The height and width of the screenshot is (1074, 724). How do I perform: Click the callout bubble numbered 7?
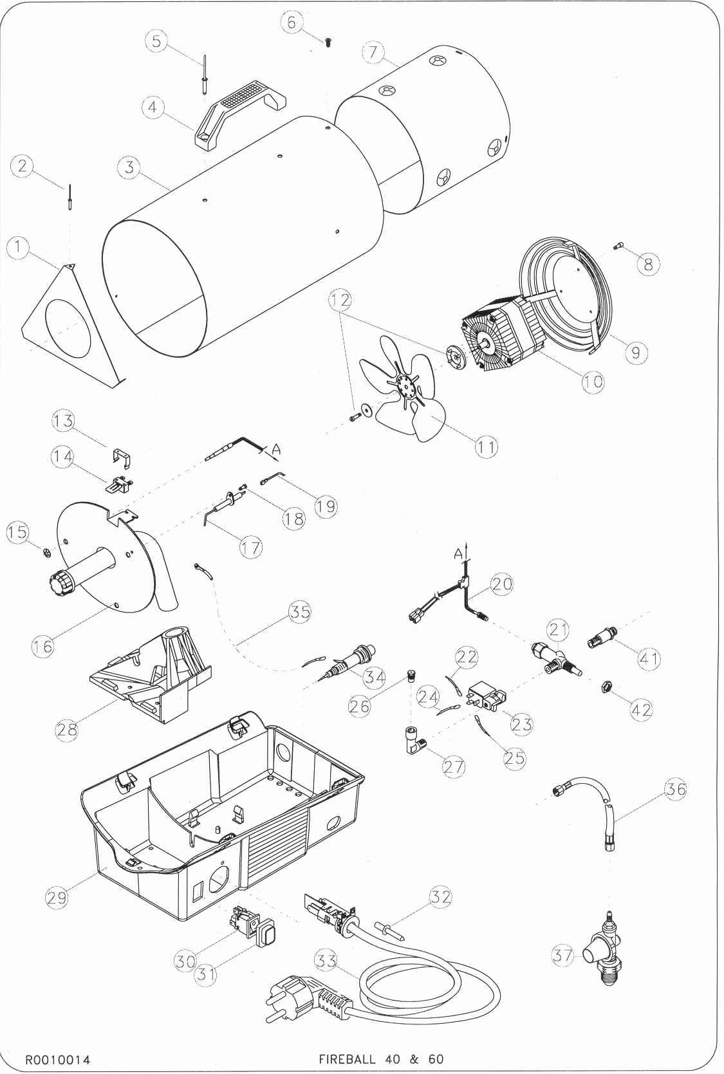(374, 52)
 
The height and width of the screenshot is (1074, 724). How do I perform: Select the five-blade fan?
(404, 389)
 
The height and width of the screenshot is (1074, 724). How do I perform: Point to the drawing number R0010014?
(57, 1059)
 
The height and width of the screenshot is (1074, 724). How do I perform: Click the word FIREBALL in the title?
(347, 1059)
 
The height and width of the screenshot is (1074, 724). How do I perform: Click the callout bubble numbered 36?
(676, 789)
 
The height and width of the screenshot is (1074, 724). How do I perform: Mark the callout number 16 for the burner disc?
(42, 646)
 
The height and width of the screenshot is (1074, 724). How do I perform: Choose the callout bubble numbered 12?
(340, 301)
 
